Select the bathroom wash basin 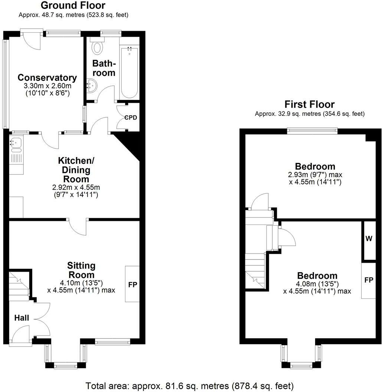[91, 86]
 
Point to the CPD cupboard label [131, 118]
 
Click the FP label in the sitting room [132, 285]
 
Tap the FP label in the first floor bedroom [369, 280]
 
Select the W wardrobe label [369, 239]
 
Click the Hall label [22, 318]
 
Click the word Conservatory [47, 78]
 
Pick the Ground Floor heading [73, 6]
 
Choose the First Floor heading [310, 104]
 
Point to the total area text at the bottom [190, 385]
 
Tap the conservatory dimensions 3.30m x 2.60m [47, 86]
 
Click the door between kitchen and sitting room [78, 226]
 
